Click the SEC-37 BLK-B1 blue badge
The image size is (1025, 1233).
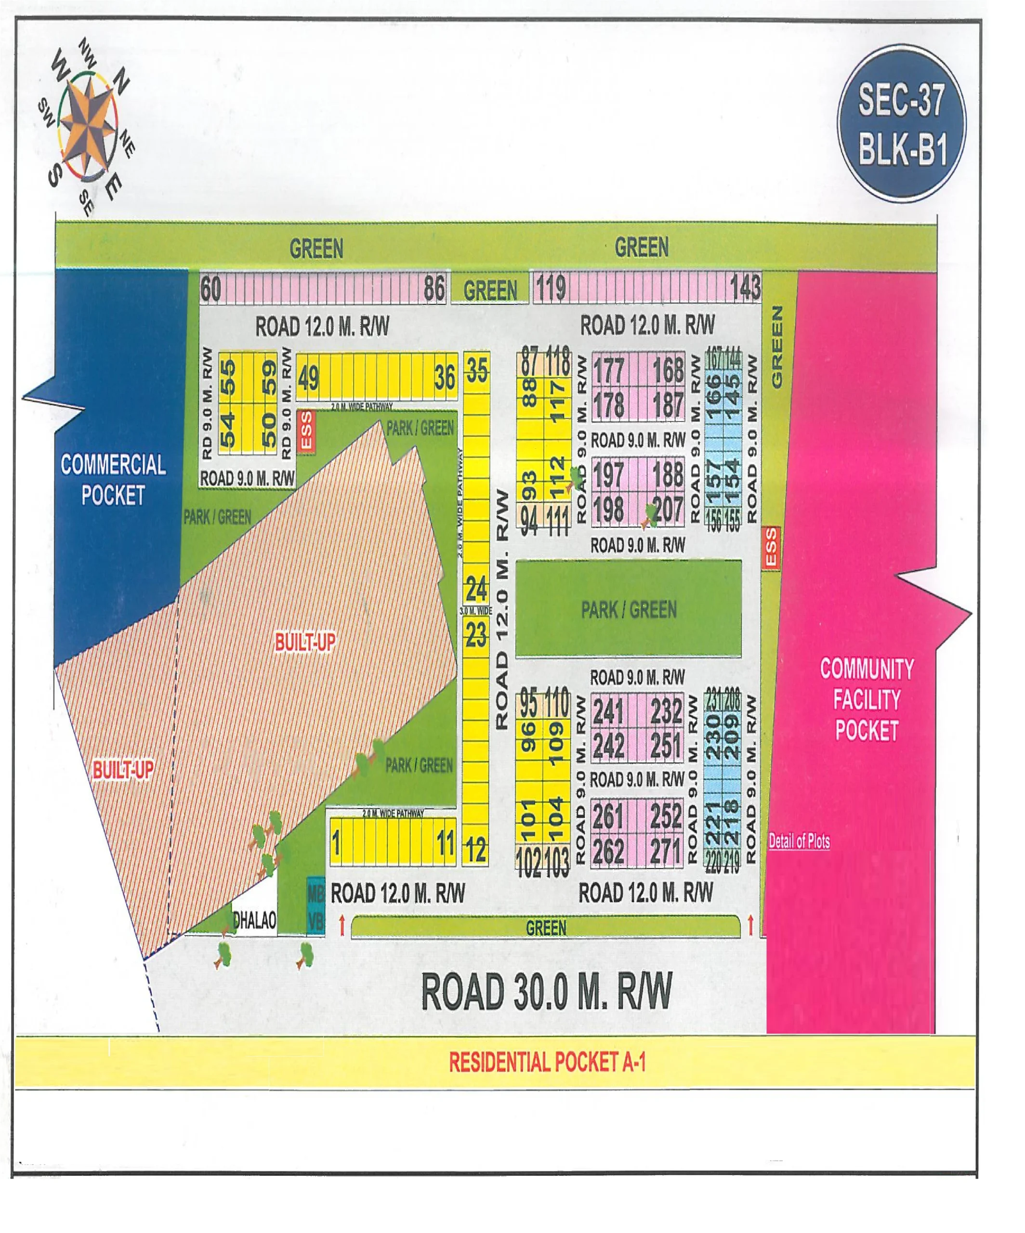(x=902, y=124)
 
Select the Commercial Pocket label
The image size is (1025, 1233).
(x=113, y=480)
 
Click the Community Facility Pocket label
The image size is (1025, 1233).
(x=867, y=699)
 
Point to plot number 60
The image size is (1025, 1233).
(x=211, y=289)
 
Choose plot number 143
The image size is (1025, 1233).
(x=746, y=288)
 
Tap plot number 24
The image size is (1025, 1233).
(x=476, y=588)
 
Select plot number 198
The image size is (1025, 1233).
(x=608, y=509)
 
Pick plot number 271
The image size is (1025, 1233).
(x=666, y=852)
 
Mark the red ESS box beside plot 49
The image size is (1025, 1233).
(x=306, y=432)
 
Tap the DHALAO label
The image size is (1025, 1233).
(x=255, y=920)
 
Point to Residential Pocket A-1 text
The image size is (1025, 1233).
(x=547, y=1062)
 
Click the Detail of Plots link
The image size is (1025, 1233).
(x=799, y=841)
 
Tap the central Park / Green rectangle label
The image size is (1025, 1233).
(x=628, y=609)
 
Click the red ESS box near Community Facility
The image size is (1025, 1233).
(x=770, y=547)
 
